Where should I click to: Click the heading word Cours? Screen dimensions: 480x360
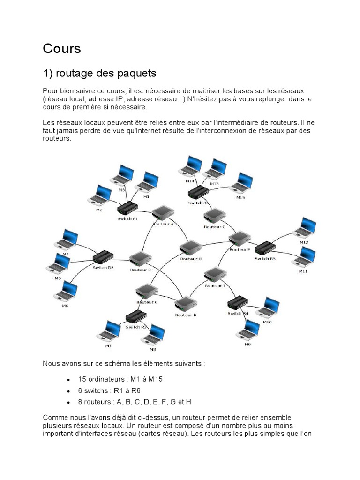coord(62,48)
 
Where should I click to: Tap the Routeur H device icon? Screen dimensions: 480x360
coord(190,247)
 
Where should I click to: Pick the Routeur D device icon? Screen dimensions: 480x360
coord(186,304)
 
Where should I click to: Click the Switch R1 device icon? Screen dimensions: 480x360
coord(127,208)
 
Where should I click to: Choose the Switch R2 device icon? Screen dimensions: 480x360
coord(103,256)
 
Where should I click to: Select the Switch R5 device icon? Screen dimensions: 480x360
coord(265,247)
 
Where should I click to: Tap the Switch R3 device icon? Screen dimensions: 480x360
coord(135,319)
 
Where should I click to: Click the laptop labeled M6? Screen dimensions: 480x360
coord(66,292)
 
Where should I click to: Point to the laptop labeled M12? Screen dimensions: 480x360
coord(305,228)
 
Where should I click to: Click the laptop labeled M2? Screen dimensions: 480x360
coord(100,195)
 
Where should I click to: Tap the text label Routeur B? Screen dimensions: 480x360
coord(140,270)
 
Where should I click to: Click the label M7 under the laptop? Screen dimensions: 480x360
coord(108,345)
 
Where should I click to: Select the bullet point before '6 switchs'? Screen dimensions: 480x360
coord(69,390)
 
